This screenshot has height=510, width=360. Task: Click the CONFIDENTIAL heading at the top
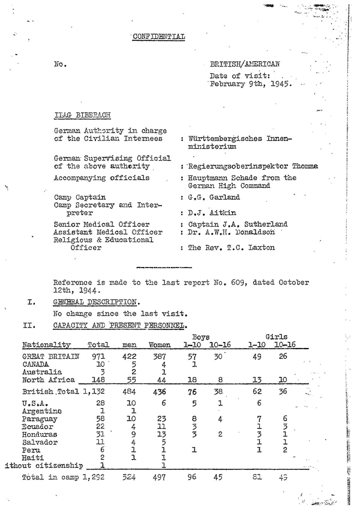pyautogui.click(x=159, y=37)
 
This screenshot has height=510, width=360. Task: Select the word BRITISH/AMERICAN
pyautogui.click(x=245, y=64)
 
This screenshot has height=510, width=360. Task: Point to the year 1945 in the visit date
pyautogui.click(x=280, y=85)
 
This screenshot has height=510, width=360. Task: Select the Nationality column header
pyautogui.click(x=46, y=345)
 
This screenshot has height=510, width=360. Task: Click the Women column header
pyautogui.click(x=159, y=345)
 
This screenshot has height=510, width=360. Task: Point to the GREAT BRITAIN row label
pyautogui.click(x=50, y=356)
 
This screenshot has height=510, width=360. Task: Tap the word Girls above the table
pyautogui.click(x=276, y=337)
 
